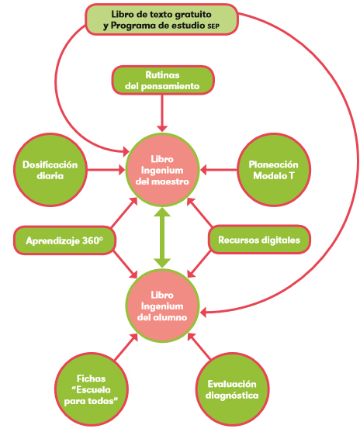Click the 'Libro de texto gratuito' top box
(161, 19)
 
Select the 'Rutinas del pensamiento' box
(163, 80)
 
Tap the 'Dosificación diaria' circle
(50, 170)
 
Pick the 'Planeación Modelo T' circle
(274, 170)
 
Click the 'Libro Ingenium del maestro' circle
(162, 170)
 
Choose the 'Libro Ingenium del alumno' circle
(162, 306)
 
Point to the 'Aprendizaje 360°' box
(64, 240)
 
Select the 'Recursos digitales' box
(259, 240)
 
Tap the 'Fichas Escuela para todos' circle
(92, 389)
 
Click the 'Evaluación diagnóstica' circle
(232, 389)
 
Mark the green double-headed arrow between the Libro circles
(162, 238)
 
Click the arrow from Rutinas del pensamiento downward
(162, 113)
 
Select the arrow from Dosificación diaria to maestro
(106, 170)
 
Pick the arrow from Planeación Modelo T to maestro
(218, 170)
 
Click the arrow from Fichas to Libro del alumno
(126, 347)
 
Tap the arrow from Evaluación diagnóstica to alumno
(199, 347)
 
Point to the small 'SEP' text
(213, 26)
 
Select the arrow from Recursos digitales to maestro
(199, 213)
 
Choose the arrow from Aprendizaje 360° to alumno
(126, 264)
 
